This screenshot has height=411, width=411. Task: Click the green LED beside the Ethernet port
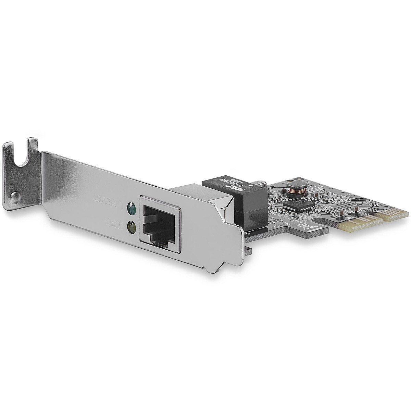pos(132,208)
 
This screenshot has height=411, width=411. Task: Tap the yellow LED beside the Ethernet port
pos(131,226)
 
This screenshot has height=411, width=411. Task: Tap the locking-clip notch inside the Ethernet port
pos(161,242)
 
